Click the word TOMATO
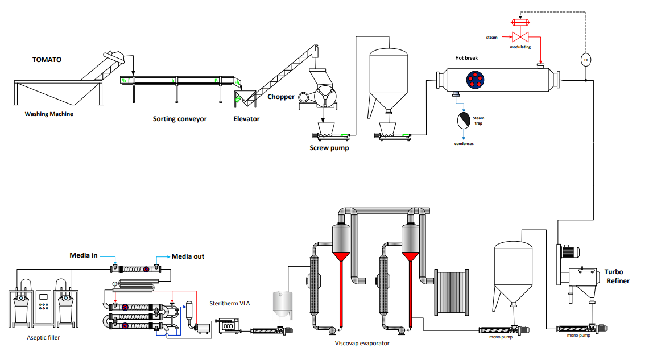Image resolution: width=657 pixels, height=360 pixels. (x=47, y=60)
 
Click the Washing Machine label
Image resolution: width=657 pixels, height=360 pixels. (x=49, y=114)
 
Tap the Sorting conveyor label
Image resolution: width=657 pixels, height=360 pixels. (x=180, y=119)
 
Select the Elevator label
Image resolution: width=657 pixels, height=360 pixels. (x=246, y=119)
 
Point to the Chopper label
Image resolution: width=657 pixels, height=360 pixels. (x=281, y=97)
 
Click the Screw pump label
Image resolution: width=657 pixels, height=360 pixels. (x=329, y=148)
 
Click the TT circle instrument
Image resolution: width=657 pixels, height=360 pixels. (x=586, y=59)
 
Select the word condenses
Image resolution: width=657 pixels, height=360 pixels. (x=464, y=143)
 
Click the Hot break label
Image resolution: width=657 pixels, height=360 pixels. (x=467, y=57)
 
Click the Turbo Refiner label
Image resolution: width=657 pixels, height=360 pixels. (x=618, y=276)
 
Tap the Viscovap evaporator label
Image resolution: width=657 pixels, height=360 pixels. (x=362, y=343)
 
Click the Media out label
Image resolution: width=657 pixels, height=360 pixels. (x=188, y=256)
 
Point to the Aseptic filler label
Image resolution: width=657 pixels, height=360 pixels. (x=43, y=337)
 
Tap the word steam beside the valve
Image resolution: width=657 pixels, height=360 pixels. (x=491, y=38)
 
